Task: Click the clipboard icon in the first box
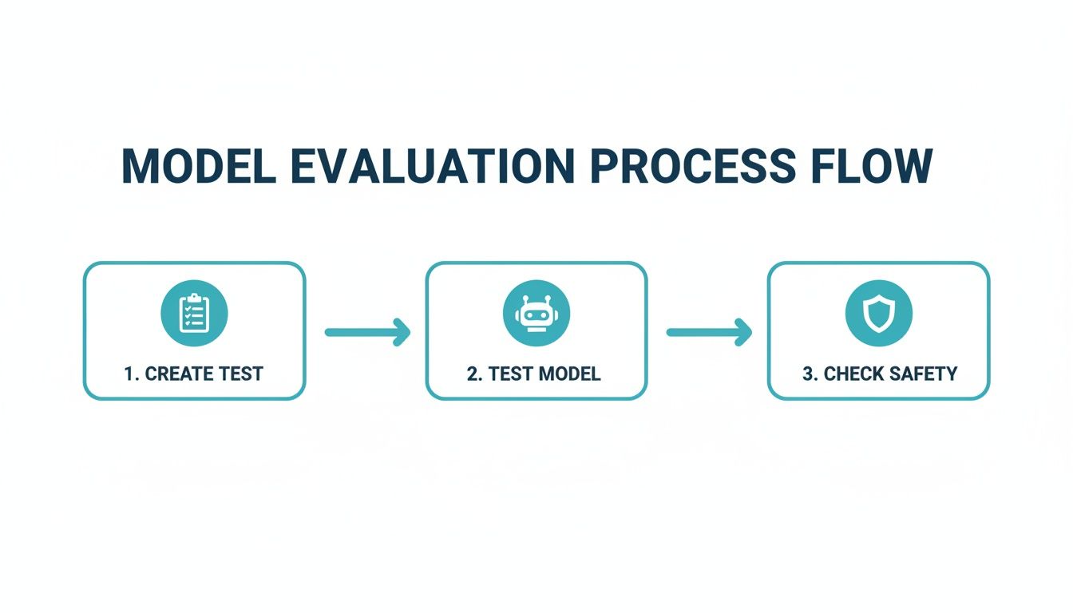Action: pos(194,313)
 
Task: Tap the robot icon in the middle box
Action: pos(536,313)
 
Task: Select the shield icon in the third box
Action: pos(878,313)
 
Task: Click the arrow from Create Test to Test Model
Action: pos(367,332)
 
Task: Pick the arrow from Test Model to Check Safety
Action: pos(709,332)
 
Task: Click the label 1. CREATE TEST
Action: pos(194,374)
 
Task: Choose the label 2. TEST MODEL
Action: pos(534,374)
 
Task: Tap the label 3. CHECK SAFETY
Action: pos(879,374)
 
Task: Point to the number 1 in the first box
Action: pos(129,374)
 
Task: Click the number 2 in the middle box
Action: pos(472,374)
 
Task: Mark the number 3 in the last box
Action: pos(808,374)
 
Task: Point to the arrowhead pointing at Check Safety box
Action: pos(744,332)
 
